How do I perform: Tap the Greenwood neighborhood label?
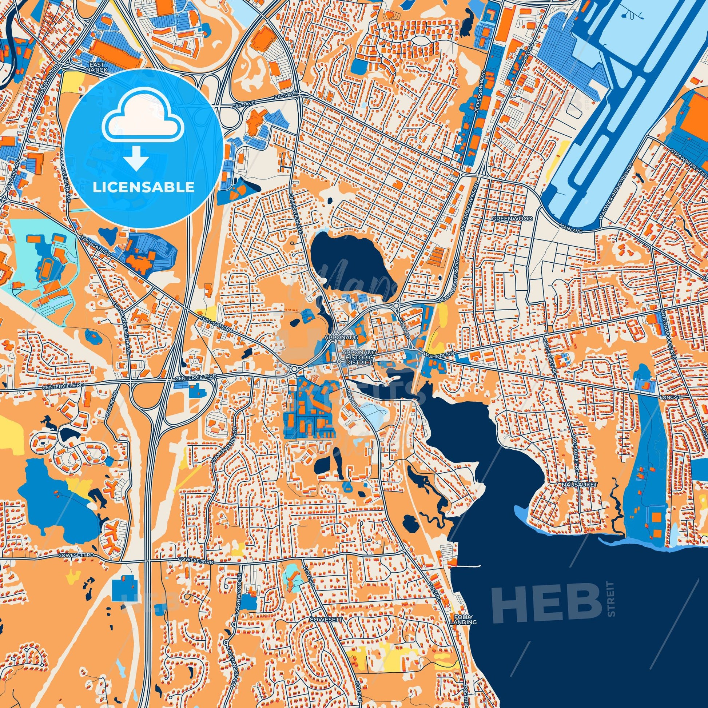click(507, 219)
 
